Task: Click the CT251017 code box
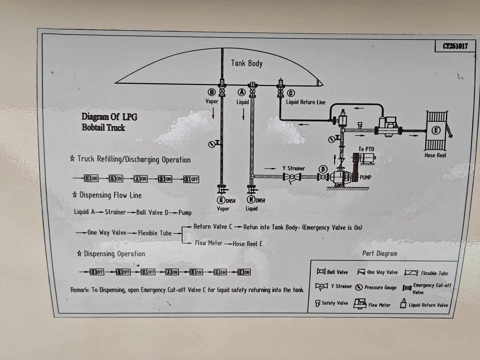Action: [455, 46]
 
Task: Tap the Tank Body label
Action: [247, 63]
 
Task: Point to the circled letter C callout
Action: [291, 93]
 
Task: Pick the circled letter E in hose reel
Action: [436, 130]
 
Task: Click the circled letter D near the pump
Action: [323, 169]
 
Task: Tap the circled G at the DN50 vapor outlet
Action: [221, 200]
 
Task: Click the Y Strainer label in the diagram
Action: [294, 168]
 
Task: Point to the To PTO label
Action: [366, 149]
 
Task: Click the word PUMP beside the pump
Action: [365, 177]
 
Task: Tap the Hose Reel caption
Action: [435, 155]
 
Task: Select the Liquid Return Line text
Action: [305, 102]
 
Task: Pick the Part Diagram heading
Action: [379, 253]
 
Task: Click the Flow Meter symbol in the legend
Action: [360, 304]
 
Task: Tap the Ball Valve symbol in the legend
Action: [321, 271]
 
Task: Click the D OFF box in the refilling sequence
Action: [191, 179]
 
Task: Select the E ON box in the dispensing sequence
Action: [244, 272]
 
